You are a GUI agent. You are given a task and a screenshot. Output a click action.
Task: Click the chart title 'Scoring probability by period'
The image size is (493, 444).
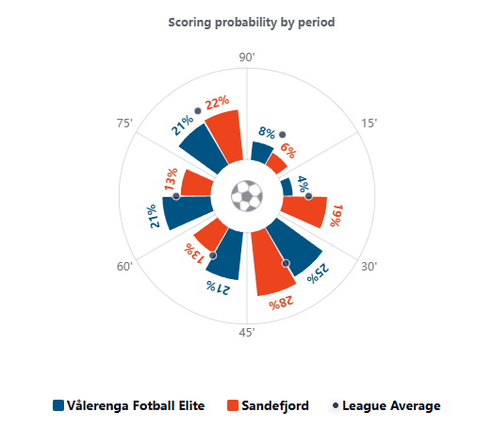pos(252,23)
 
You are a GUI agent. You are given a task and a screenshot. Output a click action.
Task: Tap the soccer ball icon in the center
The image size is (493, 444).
pos(247,196)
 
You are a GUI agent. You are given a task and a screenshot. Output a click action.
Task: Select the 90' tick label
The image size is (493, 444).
pos(247,58)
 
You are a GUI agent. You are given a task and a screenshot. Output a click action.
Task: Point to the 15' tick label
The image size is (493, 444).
pos(369,123)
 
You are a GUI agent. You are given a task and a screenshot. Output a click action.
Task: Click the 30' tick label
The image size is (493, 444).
pos(369,267)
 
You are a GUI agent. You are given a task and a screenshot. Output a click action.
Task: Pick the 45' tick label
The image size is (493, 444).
pos(247,333)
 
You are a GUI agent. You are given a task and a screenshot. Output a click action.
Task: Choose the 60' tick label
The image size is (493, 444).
pos(124,267)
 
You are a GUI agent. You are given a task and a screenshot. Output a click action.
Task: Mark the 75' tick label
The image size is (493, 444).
pos(124,123)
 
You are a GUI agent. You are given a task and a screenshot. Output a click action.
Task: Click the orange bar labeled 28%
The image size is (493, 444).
pos(272,263)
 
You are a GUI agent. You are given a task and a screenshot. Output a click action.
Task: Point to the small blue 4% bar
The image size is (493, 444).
pos(287,187)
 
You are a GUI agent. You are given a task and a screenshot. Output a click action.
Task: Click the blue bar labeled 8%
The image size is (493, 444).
pos(261,153)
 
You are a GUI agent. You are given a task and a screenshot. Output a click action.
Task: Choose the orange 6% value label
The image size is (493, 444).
pos(288,150)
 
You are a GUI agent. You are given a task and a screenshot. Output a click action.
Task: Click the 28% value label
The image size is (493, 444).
pos(281,304)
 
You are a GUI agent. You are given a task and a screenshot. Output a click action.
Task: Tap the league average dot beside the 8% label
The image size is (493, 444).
pos(283,135)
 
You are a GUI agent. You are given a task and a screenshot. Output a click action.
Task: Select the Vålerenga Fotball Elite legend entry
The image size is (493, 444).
pos(129,405)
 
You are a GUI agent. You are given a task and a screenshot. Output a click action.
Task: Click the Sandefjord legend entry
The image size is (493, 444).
pos(268,405)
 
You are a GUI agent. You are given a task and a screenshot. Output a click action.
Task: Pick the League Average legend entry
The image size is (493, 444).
pos(386,405)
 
